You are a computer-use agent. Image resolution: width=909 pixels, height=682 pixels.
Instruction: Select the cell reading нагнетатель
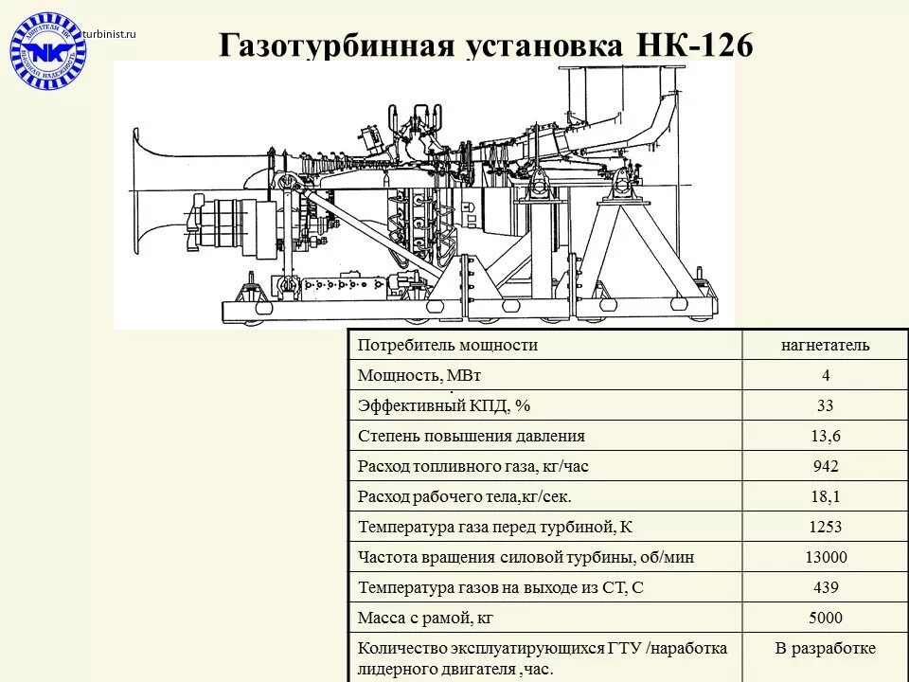(825, 345)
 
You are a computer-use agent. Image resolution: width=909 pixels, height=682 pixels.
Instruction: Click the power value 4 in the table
(825, 375)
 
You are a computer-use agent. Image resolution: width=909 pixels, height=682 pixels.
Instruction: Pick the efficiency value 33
(825, 406)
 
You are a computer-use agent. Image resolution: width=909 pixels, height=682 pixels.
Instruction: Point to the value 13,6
(825, 437)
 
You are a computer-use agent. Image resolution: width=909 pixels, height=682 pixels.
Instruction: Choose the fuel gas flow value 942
(825, 467)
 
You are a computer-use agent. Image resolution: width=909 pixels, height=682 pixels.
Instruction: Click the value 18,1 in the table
(825, 497)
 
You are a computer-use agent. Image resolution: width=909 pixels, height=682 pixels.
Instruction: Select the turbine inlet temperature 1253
(825, 528)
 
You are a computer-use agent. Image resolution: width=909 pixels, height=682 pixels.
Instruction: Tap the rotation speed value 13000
(825, 558)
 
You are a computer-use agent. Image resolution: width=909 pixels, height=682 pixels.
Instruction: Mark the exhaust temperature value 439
(825, 588)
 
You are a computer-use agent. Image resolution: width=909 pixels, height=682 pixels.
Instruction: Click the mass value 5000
(825, 619)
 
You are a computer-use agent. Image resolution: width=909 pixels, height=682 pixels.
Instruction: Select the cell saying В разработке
(825, 649)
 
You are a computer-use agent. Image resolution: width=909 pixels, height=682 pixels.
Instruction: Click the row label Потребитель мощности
(448, 345)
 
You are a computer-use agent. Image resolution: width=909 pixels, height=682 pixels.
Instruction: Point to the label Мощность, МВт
(413, 375)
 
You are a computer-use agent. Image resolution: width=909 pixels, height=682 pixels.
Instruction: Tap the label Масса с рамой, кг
(425, 619)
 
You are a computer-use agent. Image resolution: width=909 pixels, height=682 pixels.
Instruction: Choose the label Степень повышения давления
(472, 437)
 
